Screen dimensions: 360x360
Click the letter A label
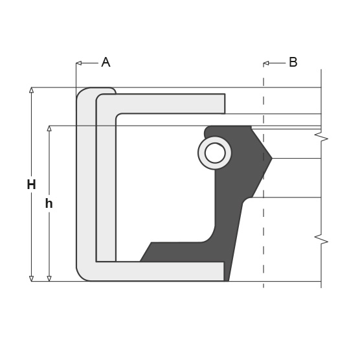click(x=106, y=62)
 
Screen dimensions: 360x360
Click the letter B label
click(x=293, y=62)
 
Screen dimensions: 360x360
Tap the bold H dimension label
click(x=31, y=185)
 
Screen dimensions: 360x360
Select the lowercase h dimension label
click(x=49, y=203)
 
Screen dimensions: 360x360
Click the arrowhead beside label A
click(x=78, y=63)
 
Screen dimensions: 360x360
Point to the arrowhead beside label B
click(x=265, y=63)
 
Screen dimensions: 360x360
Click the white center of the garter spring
click(x=215, y=153)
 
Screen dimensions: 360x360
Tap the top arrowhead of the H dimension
click(x=31, y=90)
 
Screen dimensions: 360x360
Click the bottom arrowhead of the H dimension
click(x=31, y=278)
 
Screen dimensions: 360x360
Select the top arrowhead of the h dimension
click(x=49, y=128)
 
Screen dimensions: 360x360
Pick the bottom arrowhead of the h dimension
click(x=49, y=278)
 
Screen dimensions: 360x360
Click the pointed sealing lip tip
click(x=271, y=158)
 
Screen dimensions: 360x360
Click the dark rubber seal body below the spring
click(x=230, y=207)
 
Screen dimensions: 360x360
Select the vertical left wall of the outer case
click(x=85, y=188)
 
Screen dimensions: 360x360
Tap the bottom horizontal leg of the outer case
click(x=162, y=271)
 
